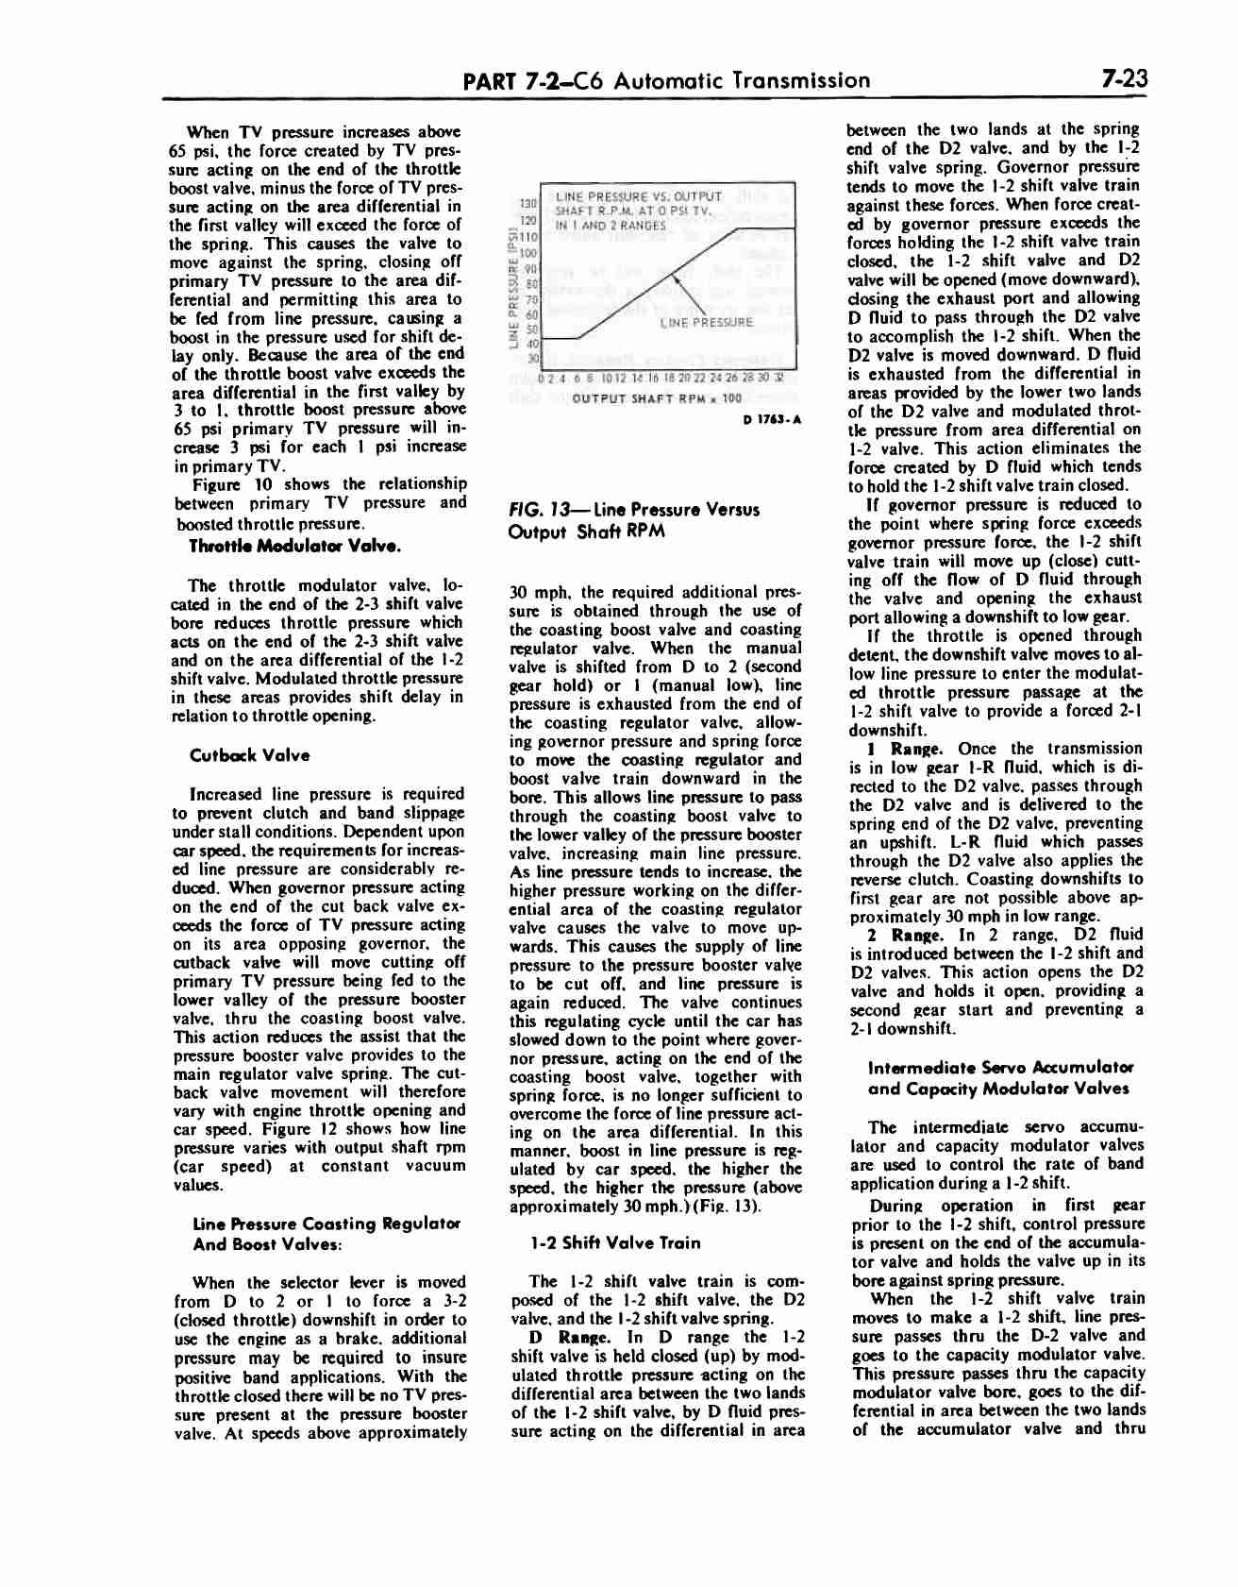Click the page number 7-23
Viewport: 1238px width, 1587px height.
[1121, 79]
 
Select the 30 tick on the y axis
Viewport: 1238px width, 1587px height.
[532, 357]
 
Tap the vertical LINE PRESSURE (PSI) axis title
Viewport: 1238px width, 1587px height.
[512, 288]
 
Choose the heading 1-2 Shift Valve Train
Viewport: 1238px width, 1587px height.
[616, 1243]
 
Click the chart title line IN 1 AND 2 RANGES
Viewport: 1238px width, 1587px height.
[611, 226]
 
